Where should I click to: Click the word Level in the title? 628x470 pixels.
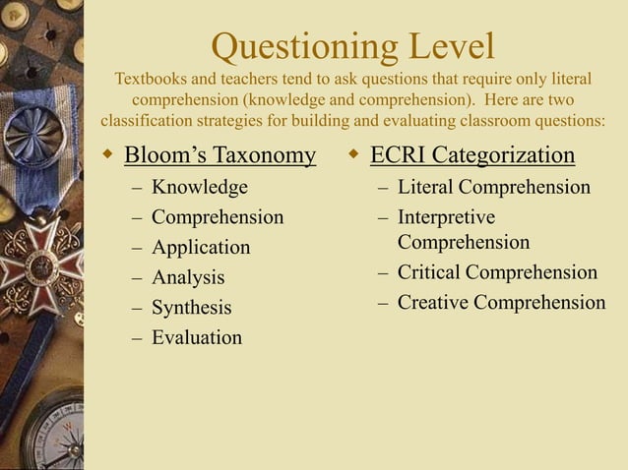pos(444,45)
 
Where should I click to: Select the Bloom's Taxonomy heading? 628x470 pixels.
pos(220,155)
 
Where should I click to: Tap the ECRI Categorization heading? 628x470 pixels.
pos(471,155)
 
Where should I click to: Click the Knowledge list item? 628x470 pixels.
pos(200,187)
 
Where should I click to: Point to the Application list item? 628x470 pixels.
pos(201,248)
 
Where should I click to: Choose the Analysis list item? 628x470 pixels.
pos(188,278)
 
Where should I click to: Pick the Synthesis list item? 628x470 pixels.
pos(192,308)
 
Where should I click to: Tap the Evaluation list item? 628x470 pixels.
pos(197,338)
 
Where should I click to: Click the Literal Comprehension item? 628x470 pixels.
pos(494,187)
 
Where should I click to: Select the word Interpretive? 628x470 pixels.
pos(446,216)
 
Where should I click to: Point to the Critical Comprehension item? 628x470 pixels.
pos(497,272)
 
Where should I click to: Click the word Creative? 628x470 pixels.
pos(433,303)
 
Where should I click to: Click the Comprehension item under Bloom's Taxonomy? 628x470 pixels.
pos(218,217)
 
